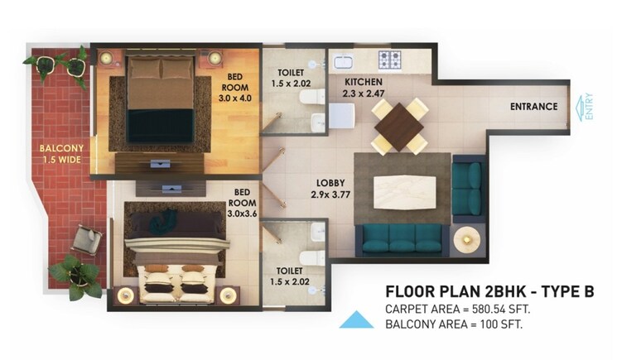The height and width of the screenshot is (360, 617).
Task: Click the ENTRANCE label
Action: (x=533, y=107)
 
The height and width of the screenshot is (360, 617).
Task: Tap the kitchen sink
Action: (x=342, y=60)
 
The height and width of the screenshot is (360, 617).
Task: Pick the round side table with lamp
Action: (x=468, y=239)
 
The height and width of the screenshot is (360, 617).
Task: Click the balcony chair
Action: (x=87, y=239)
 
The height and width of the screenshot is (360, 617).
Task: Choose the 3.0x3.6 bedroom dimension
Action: (x=242, y=214)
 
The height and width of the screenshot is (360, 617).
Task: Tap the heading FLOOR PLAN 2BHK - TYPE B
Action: (x=489, y=291)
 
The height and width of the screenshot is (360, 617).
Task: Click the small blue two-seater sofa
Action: (x=466, y=188)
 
